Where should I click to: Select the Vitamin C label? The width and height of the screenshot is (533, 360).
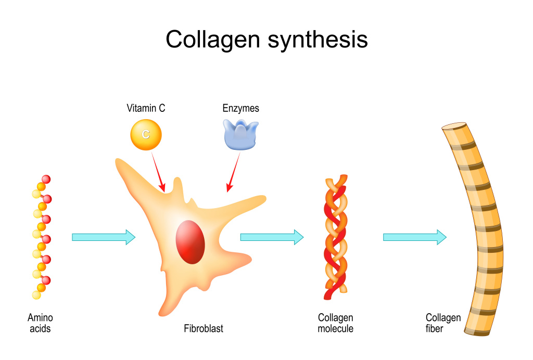point(146,109)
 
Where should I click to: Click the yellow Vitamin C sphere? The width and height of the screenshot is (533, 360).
point(146,134)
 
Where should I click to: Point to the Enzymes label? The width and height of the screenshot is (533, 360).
point(240,109)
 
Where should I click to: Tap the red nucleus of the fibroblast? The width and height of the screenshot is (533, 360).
point(190,241)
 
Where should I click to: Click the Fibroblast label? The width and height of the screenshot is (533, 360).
point(204,329)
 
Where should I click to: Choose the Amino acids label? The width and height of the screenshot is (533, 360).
point(40,323)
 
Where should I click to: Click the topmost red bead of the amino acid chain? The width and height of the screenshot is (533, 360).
point(46,179)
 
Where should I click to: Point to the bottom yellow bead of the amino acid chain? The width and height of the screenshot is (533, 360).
point(36,295)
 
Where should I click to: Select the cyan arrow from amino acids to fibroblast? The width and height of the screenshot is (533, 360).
point(104,237)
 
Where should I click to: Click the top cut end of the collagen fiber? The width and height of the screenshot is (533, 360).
point(454,126)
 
